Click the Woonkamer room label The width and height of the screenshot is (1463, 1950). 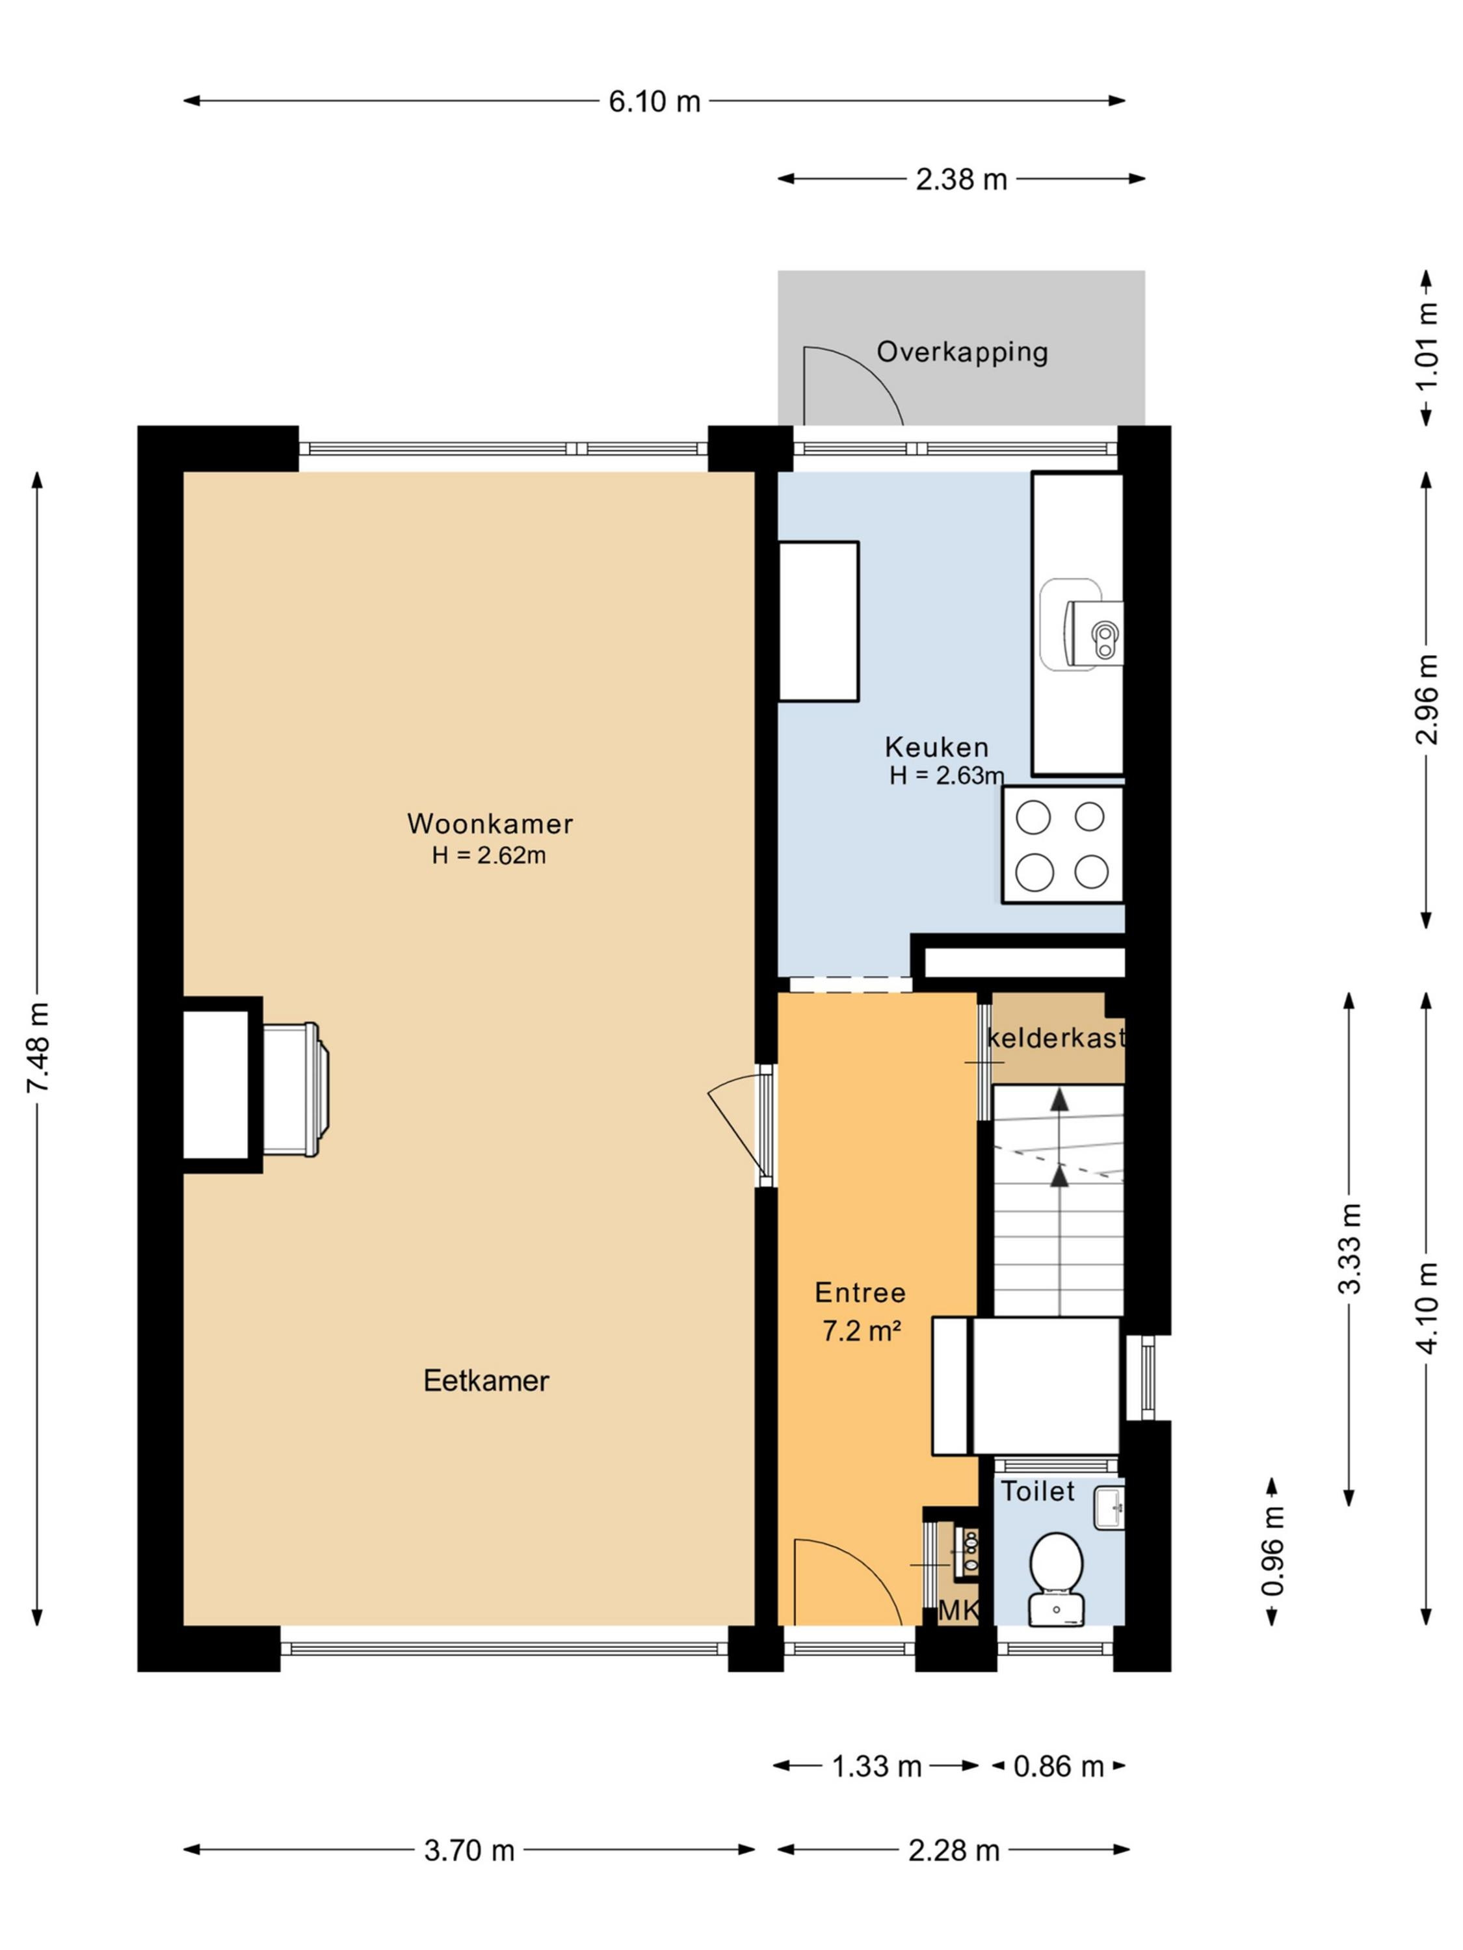490,824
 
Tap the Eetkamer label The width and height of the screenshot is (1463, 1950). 486,1381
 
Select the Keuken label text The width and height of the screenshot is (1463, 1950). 936,747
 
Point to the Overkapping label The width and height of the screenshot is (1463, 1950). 962,352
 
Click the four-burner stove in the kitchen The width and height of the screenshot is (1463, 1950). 1062,844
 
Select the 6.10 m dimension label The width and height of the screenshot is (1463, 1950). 654,101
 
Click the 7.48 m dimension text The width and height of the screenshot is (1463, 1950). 38,1047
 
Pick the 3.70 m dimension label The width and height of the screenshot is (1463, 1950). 469,1849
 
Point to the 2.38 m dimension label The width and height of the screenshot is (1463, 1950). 961,179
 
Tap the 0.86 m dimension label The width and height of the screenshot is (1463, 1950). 1058,1766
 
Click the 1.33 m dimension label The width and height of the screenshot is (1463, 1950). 876,1766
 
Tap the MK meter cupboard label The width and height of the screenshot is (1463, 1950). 958,1611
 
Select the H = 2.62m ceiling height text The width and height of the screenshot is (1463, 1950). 488,855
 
